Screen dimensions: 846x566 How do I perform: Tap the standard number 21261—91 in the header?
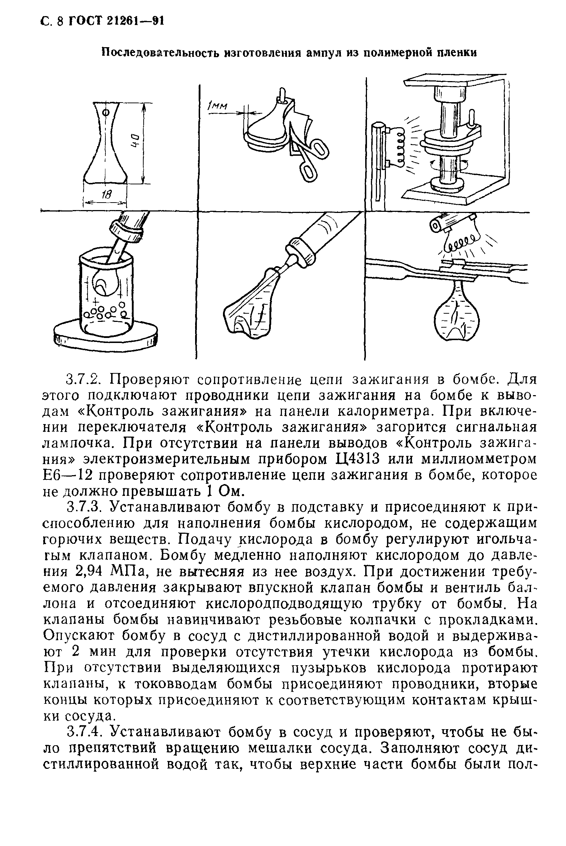[x=136, y=22]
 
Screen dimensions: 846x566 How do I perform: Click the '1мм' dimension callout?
[x=218, y=106]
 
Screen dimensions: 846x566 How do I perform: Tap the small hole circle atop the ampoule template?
[x=106, y=112]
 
